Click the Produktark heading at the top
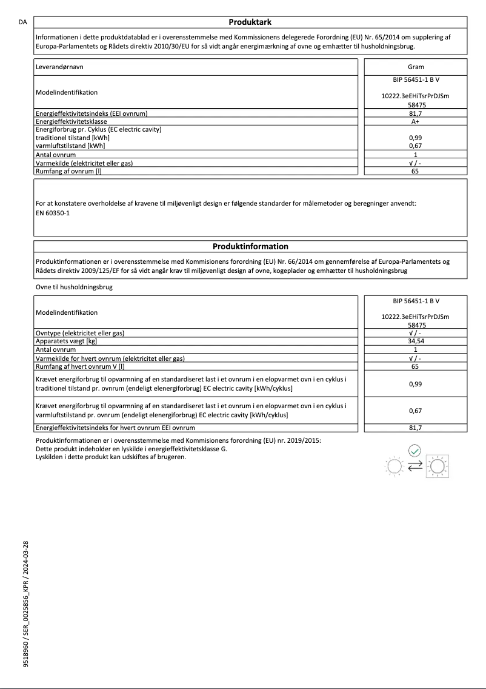click(x=250, y=22)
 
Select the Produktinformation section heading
click(x=250, y=246)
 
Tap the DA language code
click(x=22, y=22)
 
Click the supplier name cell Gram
click(x=416, y=67)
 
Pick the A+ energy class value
click(x=416, y=121)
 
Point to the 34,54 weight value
click(x=416, y=341)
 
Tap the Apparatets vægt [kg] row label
click(x=67, y=341)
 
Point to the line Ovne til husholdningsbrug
click(x=74, y=286)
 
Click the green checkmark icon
click(x=414, y=451)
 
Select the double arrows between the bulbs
click(x=415, y=466)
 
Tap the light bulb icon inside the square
click(x=436, y=466)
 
